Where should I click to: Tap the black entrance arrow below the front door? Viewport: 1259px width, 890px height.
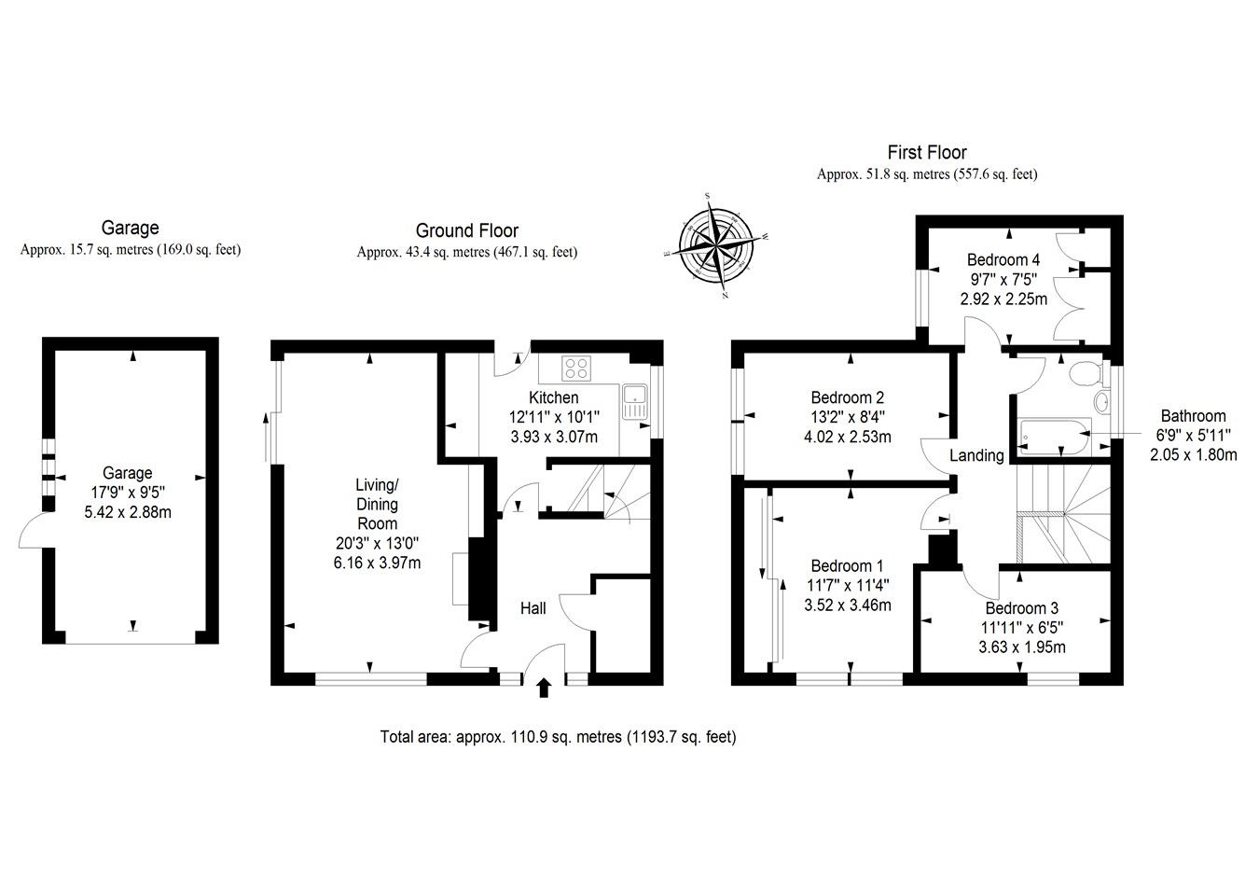tap(544, 688)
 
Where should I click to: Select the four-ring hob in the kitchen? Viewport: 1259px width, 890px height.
tap(575, 368)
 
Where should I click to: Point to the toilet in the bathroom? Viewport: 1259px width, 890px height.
tap(1085, 375)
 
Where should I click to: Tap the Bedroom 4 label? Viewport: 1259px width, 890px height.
tap(1003, 260)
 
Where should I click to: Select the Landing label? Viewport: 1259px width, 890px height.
tap(976, 455)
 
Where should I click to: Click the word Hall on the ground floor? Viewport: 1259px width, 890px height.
tap(533, 608)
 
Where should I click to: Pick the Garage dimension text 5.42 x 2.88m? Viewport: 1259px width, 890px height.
tap(127, 512)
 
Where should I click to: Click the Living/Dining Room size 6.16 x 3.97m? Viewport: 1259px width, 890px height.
tap(376, 563)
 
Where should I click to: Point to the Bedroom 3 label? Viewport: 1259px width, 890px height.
tap(1021, 608)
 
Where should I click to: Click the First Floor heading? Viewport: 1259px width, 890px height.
tap(926, 152)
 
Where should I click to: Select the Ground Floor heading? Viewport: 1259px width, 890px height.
tap(466, 230)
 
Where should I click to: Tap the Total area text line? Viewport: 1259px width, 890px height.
tap(558, 737)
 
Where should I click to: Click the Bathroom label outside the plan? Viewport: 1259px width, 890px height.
tap(1193, 416)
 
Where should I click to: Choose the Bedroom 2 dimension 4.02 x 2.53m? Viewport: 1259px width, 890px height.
tap(847, 437)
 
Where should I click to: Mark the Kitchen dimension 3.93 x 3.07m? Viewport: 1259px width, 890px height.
tap(554, 437)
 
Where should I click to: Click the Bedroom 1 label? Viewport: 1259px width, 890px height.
tap(847, 566)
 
